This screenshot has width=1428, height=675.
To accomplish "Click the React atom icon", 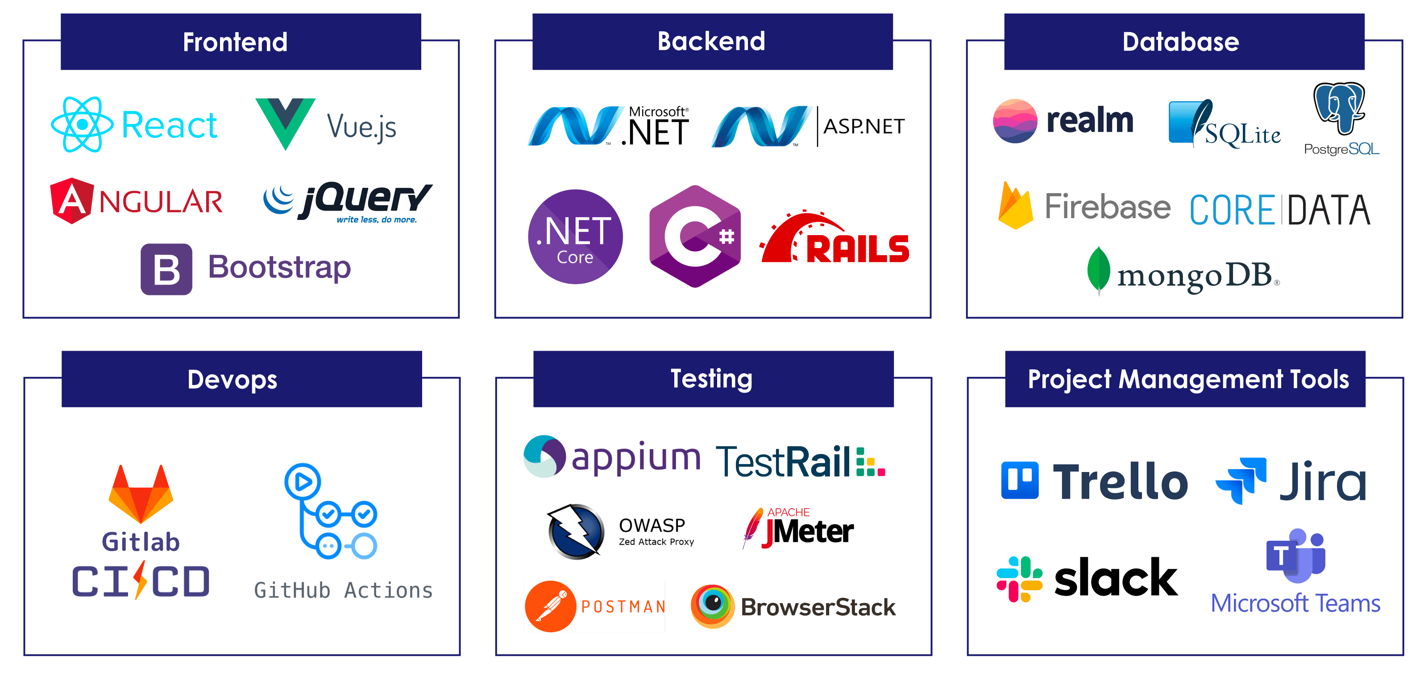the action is coord(82,124).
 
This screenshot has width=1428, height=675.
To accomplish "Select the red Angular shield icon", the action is coord(71,201).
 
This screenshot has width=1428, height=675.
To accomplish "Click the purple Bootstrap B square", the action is coord(166,269).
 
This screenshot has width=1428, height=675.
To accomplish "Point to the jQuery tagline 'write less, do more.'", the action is coord(376,220).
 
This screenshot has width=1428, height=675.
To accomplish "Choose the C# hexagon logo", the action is coord(695,236).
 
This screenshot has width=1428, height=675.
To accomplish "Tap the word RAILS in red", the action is coord(857,249).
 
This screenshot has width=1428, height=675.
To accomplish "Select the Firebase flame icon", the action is coord(1015,206).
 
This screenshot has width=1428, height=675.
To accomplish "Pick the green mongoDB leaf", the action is coord(1098,270).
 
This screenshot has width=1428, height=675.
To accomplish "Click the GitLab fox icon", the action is coord(141,494).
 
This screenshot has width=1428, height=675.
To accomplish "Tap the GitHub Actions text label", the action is coord(343,591).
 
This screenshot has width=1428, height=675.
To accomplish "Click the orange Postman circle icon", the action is coord(551,606).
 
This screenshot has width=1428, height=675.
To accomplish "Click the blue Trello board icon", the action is coord(1019,480).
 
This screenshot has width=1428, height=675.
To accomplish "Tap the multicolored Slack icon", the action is coord(1019,579).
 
